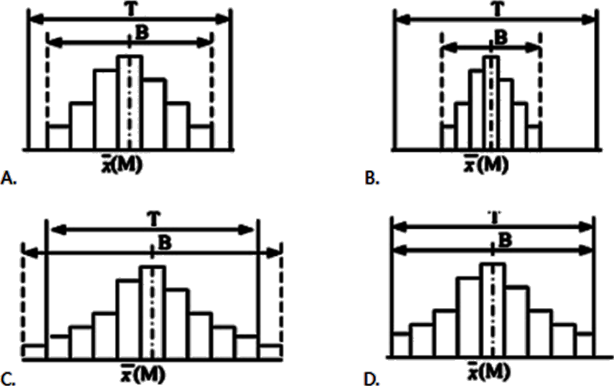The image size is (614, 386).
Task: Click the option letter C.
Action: [x=7, y=379]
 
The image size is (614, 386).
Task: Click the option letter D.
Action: [x=372, y=379]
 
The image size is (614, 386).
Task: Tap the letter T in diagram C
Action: [x=153, y=220]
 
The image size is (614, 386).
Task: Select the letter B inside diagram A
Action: [x=142, y=33]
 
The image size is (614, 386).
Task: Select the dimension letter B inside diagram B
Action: [x=501, y=38]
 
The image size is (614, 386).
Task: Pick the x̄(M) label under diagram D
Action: [x=489, y=371]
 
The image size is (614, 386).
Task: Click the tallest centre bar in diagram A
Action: [x=130, y=102]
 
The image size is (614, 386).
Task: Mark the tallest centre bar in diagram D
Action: [x=492, y=310]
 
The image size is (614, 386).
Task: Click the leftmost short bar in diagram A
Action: [x=58, y=137]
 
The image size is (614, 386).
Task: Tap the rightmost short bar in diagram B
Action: [x=534, y=137]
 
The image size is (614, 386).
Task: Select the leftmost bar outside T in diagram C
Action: [x=34, y=352]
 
